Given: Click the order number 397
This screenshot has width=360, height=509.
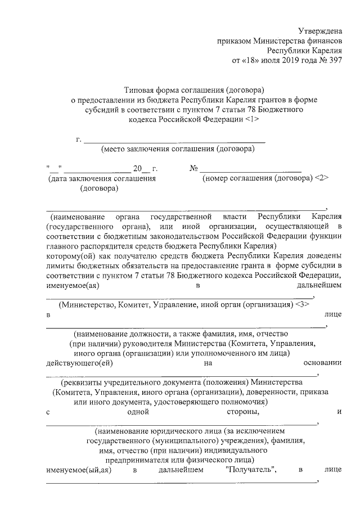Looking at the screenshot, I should click(x=333, y=60).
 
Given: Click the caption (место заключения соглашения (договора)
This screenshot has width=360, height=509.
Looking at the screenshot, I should click(x=177, y=149).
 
